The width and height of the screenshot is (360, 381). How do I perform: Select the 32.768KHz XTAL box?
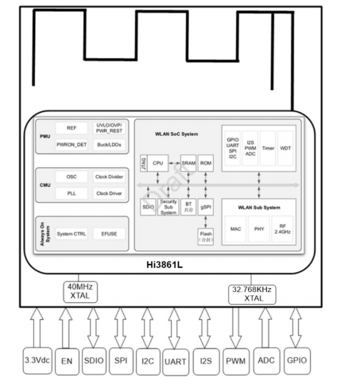click(x=254, y=293)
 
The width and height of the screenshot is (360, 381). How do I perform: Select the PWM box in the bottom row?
click(x=235, y=361)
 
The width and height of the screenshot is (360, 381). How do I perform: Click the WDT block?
click(x=287, y=148)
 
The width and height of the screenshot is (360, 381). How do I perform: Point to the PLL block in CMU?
click(x=72, y=192)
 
